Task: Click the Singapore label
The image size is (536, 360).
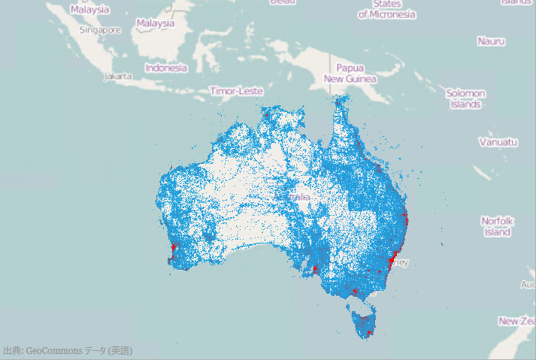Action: coord(100,30)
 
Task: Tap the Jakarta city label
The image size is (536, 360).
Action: coord(119,76)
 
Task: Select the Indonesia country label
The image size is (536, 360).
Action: coord(166,68)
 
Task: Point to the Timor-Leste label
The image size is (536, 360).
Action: coord(237,91)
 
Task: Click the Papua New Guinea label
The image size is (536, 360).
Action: coord(350,73)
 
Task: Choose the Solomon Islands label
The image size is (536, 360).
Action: coord(465,98)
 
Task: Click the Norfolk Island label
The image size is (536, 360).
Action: coord(497,226)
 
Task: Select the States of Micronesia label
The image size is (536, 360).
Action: coord(387,10)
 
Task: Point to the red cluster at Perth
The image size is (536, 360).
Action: coord(174,247)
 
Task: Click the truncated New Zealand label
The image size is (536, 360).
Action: coord(518,321)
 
